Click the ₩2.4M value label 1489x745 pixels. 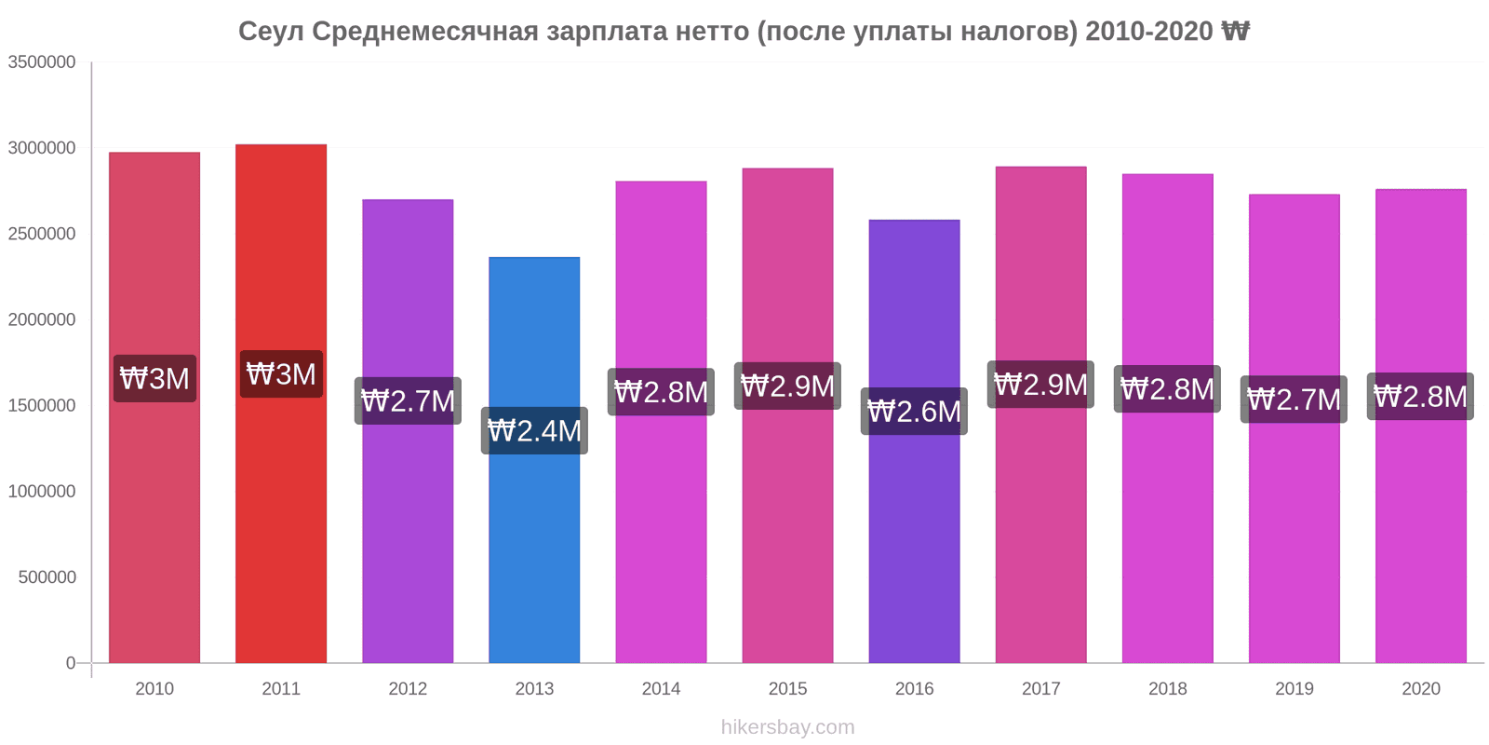(534, 431)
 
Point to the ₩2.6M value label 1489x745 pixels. (914, 412)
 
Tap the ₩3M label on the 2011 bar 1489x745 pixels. (281, 374)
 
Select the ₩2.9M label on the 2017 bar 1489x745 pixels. (1040, 385)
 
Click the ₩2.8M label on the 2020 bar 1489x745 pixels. (1420, 397)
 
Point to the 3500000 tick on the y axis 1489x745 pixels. (42, 62)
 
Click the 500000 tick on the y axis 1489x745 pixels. (47, 577)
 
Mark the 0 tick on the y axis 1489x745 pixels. (71, 663)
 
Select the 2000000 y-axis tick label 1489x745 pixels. (42, 320)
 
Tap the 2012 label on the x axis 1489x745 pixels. (408, 689)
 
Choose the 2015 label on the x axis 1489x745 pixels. (787, 689)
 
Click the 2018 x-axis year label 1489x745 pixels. (1167, 689)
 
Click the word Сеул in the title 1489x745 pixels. (271, 32)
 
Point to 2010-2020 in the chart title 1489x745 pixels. (1148, 32)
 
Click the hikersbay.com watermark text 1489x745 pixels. (787, 727)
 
